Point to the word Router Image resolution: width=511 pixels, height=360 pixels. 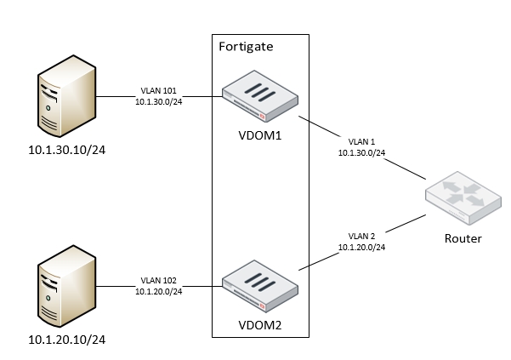pos(463,238)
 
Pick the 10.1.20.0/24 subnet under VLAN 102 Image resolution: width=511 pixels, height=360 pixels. pos(159,291)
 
